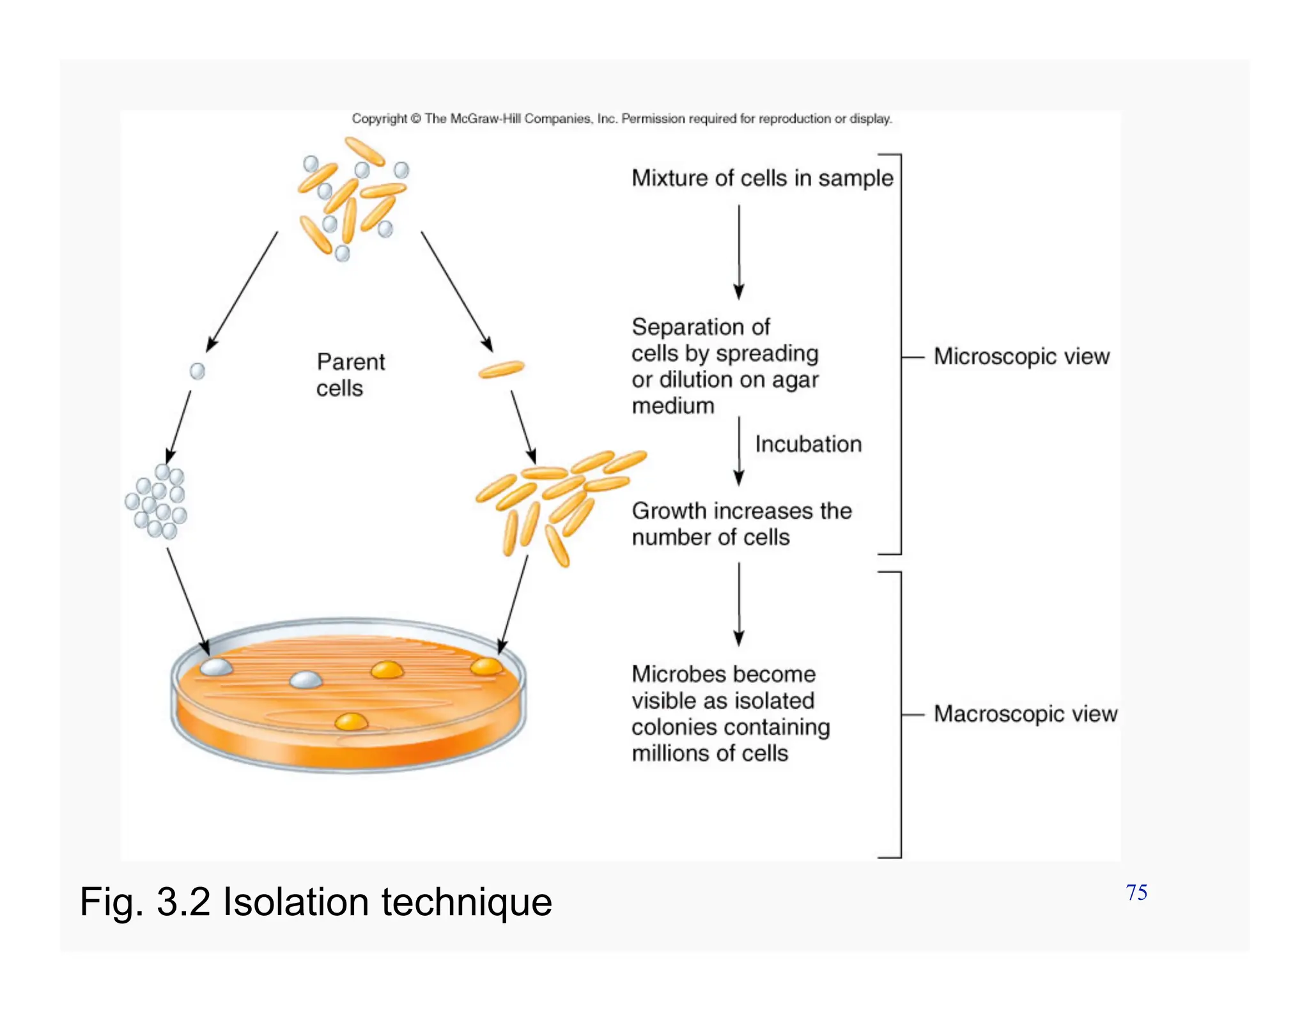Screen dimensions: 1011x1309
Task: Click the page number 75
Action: tap(1136, 892)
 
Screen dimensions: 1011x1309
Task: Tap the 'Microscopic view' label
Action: tap(1021, 357)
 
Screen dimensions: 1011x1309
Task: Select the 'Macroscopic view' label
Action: tap(1025, 714)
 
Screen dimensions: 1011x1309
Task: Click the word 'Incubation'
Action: tap(808, 444)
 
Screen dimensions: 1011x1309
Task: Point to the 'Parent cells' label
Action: tap(350, 375)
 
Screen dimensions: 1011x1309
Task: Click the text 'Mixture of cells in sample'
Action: tap(762, 178)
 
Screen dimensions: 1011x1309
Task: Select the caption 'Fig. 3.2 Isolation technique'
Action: tap(316, 902)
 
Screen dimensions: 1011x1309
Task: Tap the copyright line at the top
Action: tap(621, 119)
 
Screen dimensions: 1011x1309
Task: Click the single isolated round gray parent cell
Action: tap(198, 371)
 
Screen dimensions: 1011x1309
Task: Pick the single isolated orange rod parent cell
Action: tap(501, 369)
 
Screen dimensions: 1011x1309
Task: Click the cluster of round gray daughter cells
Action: tap(157, 502)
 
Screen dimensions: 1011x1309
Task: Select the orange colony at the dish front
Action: tap(351, 722)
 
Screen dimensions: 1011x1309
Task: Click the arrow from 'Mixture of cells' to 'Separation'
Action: tap(739, 252)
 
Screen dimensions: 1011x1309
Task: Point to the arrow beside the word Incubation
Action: tap(739, 451)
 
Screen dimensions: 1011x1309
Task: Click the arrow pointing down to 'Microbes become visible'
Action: tap(739, 605)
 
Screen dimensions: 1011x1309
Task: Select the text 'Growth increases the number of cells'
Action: tap(741, 524)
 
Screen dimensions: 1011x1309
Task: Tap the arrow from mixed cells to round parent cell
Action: tap(242, 291)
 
